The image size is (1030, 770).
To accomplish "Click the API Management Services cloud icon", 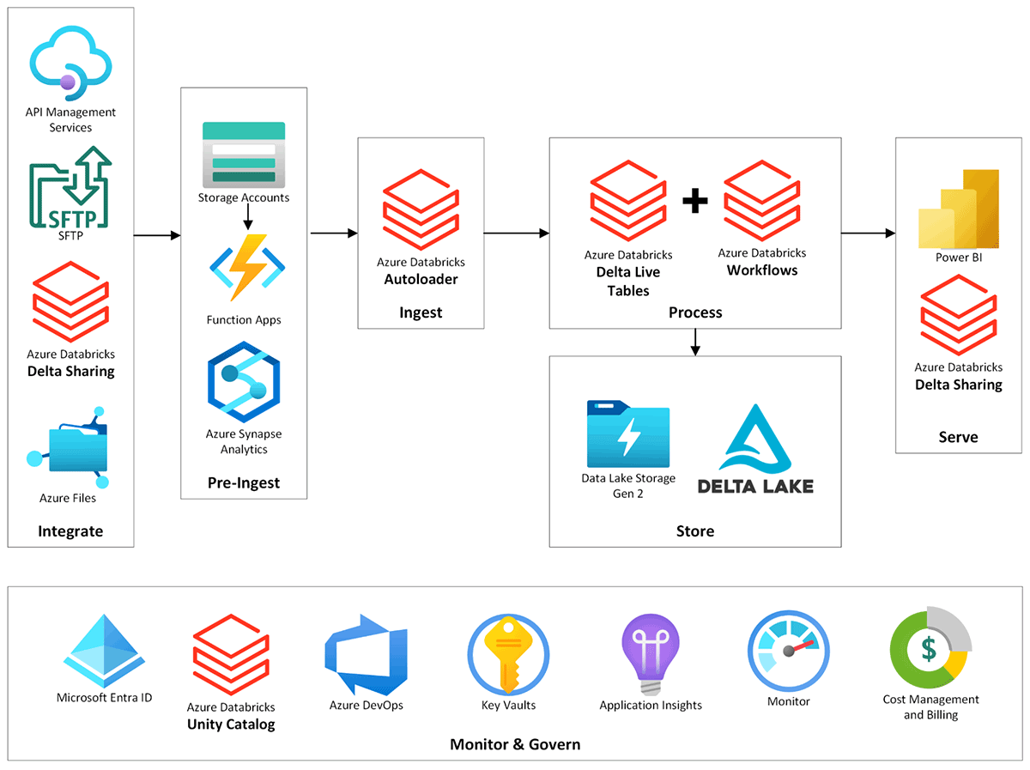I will [x=71, y=60].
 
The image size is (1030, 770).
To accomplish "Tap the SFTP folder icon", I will [x=71, y=188].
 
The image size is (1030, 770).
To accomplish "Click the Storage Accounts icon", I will [x=244, y=155].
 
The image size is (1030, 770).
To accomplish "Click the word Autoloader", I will [x=421, y=279].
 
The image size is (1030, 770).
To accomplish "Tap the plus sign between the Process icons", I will [x=695, y=201].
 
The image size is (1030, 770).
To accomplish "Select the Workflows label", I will [x=762, y=270].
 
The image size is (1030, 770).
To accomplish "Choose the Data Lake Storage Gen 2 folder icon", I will [x=628, y=433].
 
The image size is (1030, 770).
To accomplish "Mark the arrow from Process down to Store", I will [x=695, y=342].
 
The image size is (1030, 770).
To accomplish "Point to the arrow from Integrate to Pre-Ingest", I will [x=157, y=233].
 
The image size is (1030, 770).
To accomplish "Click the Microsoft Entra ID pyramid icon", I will [x=103, y=652].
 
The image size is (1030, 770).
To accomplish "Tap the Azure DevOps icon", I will [x=365, y=655].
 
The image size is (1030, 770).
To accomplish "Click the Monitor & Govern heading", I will [x=515, y=744].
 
